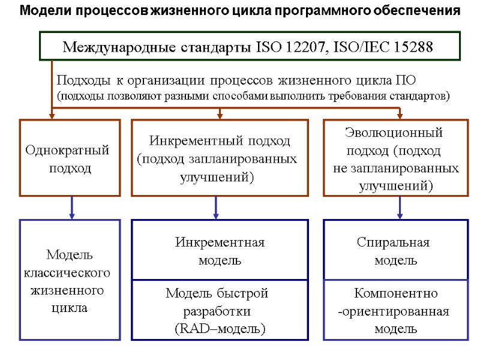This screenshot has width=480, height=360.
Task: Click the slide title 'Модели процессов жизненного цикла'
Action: (240, 11)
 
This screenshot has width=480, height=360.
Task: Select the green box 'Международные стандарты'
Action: (250, 46)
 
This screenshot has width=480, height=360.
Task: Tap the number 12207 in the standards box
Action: (296, 47)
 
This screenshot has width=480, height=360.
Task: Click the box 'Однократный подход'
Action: (70, 158)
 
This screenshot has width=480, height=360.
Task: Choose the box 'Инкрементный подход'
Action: (219, 158)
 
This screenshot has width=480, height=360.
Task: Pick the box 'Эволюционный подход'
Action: (395, 158)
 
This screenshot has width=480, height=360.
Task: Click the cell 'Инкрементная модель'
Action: (220, 251)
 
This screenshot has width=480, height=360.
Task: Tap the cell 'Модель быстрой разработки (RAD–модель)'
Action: (220, 311)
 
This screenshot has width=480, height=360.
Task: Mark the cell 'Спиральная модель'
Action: (395, 251)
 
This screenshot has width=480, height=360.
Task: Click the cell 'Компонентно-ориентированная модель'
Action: (395, 311)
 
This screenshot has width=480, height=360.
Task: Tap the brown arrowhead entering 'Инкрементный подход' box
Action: (220, 115)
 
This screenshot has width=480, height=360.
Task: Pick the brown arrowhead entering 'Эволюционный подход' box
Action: (400, 115)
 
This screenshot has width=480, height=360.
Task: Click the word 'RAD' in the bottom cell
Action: (191, 329)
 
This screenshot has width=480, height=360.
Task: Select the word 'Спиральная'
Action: (393, 242)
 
